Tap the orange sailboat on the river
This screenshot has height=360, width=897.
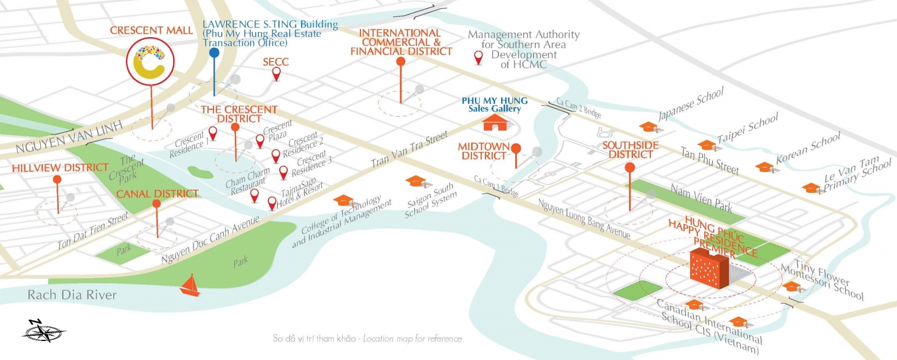pyautogui.click(x=190, y=285)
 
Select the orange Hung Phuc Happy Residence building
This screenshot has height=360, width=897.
pyautogui.click(x=709, y=267)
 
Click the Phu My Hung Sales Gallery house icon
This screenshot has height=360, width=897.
pyautogui.click(x=496, y=122)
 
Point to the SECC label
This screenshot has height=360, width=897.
pyautogui.click(x=276, y=62)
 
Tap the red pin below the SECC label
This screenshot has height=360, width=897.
pyautogui.click(x=276, y=74)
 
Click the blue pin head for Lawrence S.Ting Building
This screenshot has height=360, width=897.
pyautogui.click(x=214, y=53)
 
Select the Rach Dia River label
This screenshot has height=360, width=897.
pyautogui.click(x=72, y=295)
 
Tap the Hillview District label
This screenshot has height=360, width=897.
pyautogui.click(x=60, y=168)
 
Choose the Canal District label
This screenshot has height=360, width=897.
pyautogui.click(x=158, y=194)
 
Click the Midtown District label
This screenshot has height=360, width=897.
pyautogui.click(x=484, y=151)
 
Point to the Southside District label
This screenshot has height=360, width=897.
pyautogui.click(x=631, y=150)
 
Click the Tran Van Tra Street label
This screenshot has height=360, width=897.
pyautogui.click(x=409, y=149)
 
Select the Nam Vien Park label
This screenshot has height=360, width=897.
pyautogui.click(x=701, y=198)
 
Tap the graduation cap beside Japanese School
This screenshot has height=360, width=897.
pyautogui.click(x=648, y=127)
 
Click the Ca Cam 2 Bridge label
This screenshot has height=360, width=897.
pyautogui.click(x=579, y=108)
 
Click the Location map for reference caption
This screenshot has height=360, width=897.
pyautogui.click(x=412, y=339)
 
